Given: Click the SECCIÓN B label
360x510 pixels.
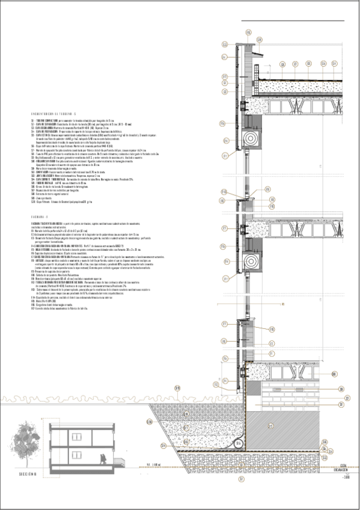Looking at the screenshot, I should pyautogui.click(x=28, y=475).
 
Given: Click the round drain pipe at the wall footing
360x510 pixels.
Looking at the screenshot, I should pyautogui.click(x=239, y=443).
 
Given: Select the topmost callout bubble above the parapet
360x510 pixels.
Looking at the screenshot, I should pyautogui.click(x=224, y=44).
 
